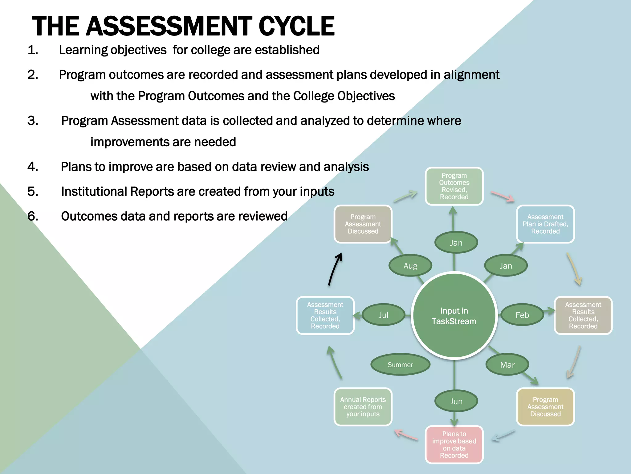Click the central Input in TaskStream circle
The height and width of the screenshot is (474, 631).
(x=454, y=316)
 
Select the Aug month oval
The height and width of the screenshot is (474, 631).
(x=410, y=266)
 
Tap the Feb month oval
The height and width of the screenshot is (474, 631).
(x=522, y=315)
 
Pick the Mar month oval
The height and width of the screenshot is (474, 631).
(x=507, y=365)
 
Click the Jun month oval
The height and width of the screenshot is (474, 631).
(x=456, y=401)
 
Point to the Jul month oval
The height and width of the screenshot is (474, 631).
(x=383, y=315)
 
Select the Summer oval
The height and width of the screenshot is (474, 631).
(x=400, y=365)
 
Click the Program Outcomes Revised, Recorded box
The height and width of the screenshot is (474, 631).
(x=454, y=186)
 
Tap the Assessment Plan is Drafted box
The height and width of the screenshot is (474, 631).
(x=545, y=224)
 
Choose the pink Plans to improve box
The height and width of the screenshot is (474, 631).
(x=454, y=444)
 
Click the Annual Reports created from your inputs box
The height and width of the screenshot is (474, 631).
(x=363, y=407)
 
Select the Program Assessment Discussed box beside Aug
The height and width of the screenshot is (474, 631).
(x=363, y=224)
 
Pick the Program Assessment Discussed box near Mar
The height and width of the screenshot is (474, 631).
(x=545, y=407)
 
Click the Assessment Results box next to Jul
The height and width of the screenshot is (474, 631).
(x=325, y=315)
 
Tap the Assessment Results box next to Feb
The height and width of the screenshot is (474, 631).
(x=583, y=315)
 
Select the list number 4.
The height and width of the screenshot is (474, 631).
(x=33, y=167)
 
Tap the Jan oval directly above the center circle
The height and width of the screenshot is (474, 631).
(x=456, y=243)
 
